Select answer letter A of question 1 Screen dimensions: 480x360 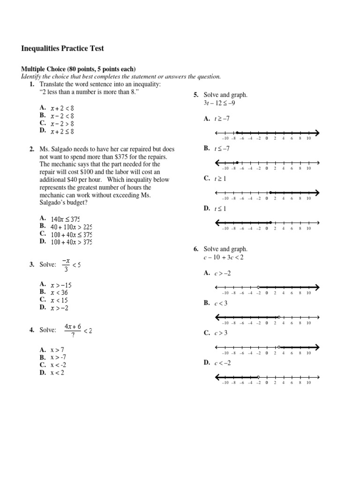point(43,107)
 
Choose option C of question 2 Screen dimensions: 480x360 point(43,233)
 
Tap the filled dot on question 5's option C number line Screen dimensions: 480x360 point(270,192)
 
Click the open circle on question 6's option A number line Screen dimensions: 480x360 point(258,287)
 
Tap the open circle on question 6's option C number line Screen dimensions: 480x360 point(279,347)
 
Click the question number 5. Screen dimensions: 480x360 point(196,95)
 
